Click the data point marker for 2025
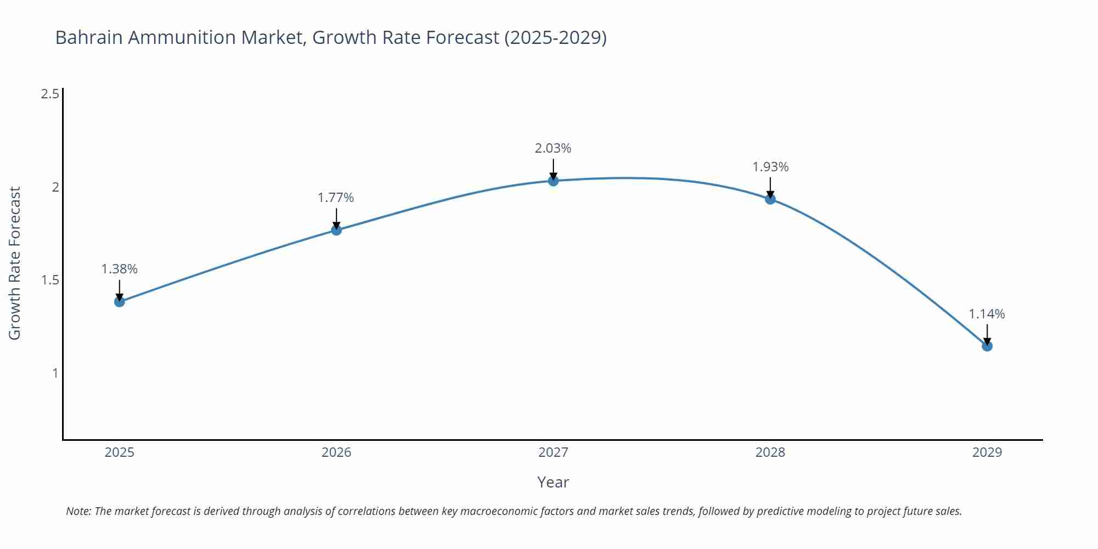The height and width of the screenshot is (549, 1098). coord(120,301)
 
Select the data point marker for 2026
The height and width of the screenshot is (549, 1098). coord(337,230)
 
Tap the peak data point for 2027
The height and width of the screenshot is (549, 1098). coord(553,181)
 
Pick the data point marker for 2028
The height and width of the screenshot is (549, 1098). coord(770,199)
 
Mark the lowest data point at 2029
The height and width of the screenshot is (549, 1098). coord(987,346)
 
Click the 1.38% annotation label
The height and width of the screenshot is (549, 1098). coord(120,269)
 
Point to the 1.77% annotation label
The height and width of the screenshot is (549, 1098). coord(336,198)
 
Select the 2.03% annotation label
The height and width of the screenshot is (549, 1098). coord(553,148)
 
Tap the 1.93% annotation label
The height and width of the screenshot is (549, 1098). coord(770,167)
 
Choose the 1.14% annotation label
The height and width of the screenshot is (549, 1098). coord(987,314)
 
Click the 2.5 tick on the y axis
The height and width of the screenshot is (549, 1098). coord(50,94)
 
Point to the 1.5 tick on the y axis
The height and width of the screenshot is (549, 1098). coord(50,280)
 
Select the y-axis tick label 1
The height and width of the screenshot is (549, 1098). coord(55,373)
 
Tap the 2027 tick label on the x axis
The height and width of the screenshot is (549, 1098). coord(553,452)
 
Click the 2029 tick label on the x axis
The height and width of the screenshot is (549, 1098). coord(987,452)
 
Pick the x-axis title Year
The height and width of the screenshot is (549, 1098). coord(553,482)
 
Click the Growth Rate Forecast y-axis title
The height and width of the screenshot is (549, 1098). coord(15,263)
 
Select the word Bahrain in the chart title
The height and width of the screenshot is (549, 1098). coord(90,37)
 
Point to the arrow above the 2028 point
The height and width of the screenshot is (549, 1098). coord(770,187)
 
